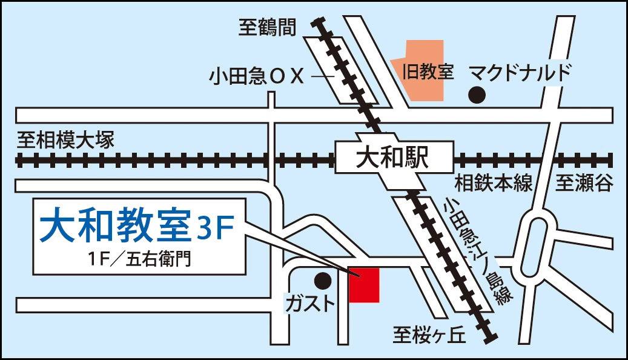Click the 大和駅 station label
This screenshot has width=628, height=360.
[x=392, y=159]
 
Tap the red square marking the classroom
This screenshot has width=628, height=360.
[x=365, y=284]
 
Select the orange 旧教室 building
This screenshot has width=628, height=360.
[x=421, y=70]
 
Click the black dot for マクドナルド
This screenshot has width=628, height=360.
[x=478, y=95]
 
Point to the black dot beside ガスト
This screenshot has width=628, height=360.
[x=323, y=281]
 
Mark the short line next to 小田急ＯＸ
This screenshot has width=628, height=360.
[x=322, y=77]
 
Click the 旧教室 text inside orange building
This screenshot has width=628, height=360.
[x=428, y=72]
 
